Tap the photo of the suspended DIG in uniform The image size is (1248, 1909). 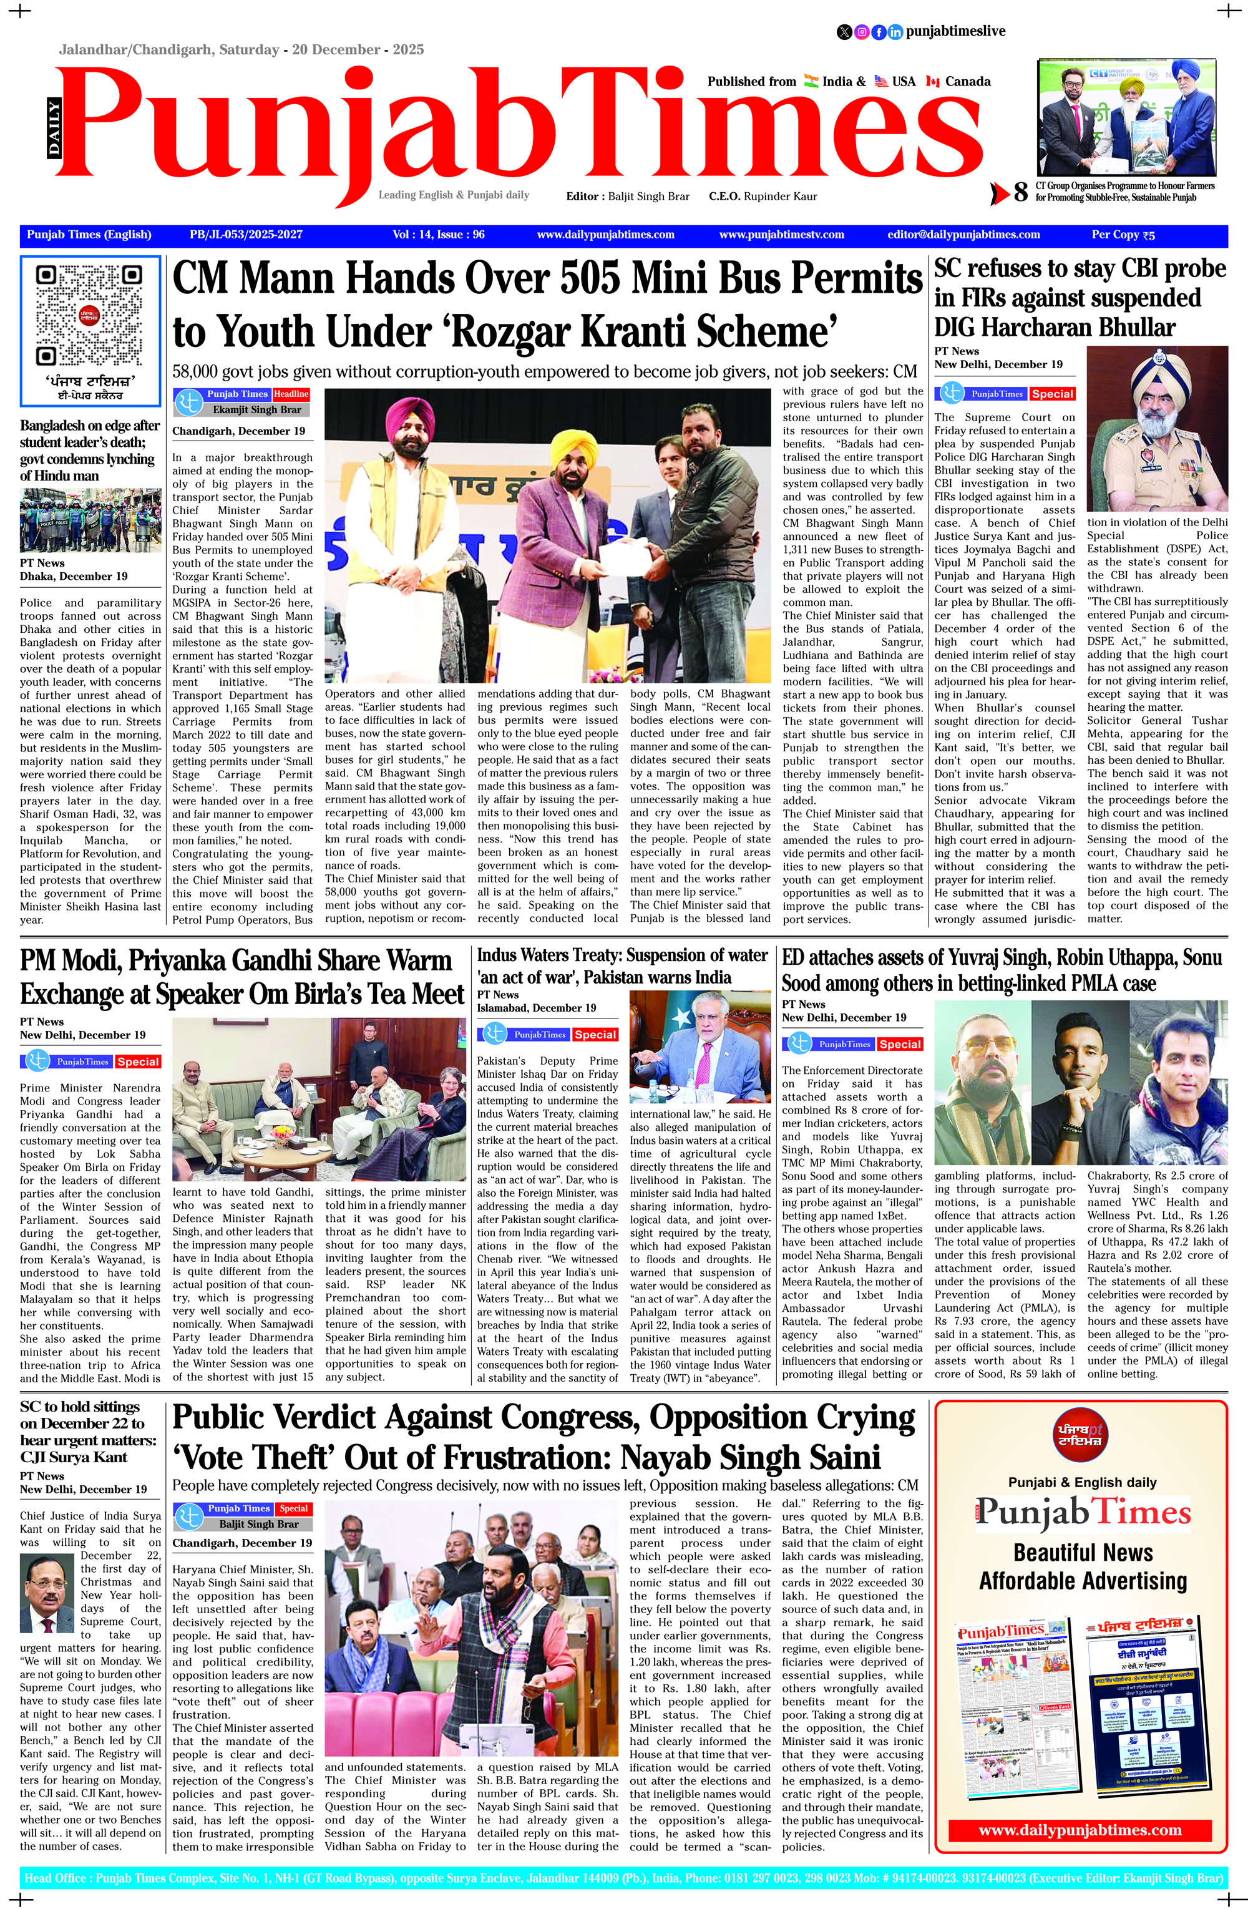pyautogui.click(x=1156, y=430)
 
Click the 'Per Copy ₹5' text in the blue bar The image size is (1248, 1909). pyautogui.click(x=1123, y=235)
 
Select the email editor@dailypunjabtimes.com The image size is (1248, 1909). pyautogui.click(x=963, y=235)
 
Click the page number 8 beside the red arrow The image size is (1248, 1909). pyautogui.click(x=1020, y=192)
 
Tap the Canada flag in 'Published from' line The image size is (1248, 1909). pyautogui.click(x=932, y=81)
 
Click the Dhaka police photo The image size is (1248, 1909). pyautogui.click(x=90, y=520)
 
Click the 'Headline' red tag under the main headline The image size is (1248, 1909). pyautogui.click(x=291, y=394)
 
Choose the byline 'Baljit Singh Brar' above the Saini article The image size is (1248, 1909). pyautogui.click(x=258, y=1524)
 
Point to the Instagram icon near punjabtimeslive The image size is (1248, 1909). pyautogui.click(x=861, y=32)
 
